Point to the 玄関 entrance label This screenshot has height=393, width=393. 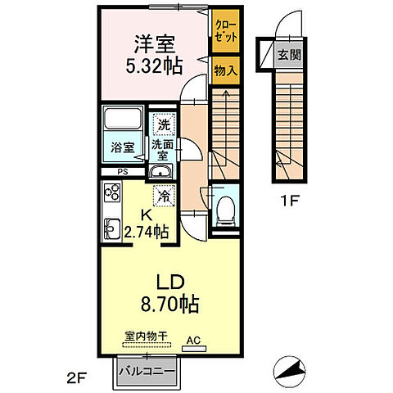coord(287,55)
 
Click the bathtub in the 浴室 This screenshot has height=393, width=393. coord(122,123)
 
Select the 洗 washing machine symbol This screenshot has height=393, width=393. coord(164,125)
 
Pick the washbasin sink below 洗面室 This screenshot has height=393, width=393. coord(160,171)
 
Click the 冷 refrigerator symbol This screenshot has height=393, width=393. coord(164,196)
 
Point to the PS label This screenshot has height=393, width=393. coord(122,172)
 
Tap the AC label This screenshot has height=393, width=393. coord(193,338)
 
